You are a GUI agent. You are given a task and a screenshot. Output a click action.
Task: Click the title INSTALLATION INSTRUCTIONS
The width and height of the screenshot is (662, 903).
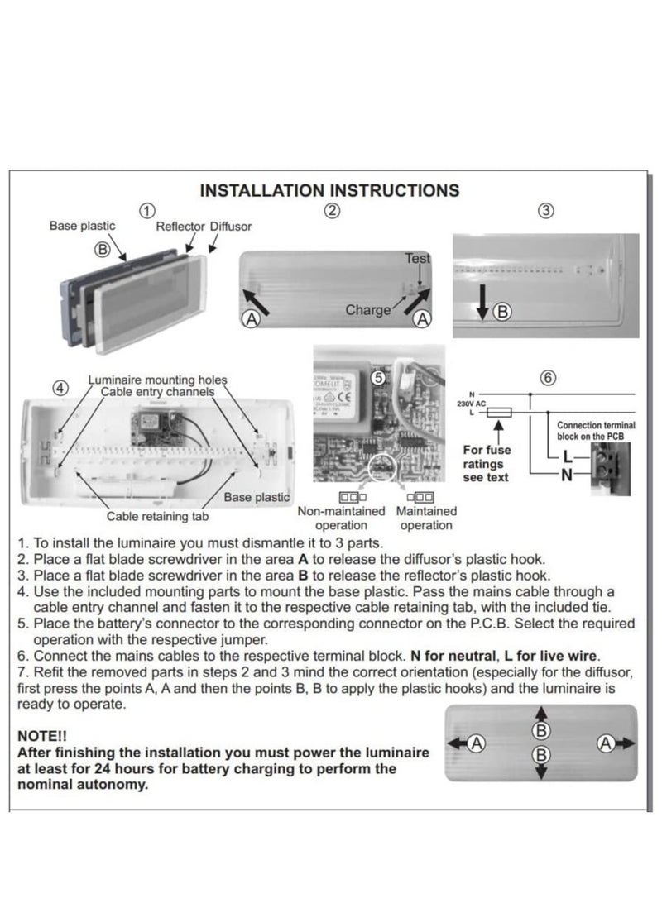point(329,190)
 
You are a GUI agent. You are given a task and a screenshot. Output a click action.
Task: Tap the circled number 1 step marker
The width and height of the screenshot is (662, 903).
point(147,210)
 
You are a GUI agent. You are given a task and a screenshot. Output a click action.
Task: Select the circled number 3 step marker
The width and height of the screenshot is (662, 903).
point(545,210)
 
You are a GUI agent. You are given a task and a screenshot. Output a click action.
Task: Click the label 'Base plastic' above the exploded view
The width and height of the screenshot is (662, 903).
point(82,225)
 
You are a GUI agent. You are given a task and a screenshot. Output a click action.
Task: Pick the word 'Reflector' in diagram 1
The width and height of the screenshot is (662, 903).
point(180,226)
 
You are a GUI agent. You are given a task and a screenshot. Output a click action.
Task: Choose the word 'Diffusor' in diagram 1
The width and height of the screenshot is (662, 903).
point(231,226)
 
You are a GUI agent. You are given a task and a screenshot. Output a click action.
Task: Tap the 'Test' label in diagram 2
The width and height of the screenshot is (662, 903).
point(418,258)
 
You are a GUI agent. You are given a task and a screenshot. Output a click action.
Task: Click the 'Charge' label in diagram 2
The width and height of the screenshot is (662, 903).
point(368,310)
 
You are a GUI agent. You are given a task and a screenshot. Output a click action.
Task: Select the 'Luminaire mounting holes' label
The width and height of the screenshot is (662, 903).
point(157,380)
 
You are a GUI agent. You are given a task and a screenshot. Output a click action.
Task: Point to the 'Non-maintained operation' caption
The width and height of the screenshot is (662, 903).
point(341,518)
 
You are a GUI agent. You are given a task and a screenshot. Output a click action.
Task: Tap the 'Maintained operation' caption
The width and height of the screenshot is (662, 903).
point(426,518)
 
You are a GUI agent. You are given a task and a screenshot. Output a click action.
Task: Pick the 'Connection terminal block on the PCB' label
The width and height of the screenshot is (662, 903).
point(596,430)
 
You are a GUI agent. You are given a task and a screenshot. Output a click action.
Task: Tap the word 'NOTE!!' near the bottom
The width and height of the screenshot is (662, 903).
point(42,735)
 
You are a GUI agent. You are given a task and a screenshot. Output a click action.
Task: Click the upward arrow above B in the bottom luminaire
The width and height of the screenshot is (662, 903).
point(540,713)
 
